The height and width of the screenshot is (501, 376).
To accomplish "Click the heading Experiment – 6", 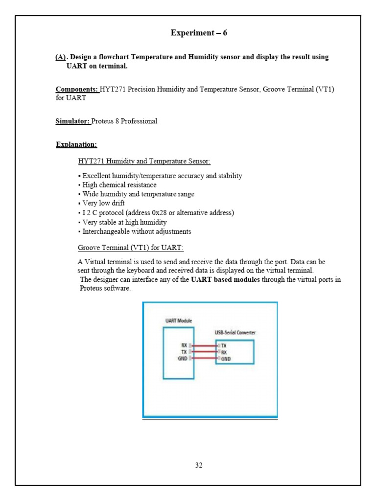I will coord(199,33).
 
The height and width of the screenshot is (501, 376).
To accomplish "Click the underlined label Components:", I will coord(77,90).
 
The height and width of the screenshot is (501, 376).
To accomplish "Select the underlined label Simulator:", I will coord(73,121).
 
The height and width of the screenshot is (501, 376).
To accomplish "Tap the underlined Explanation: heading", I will coord(76,144).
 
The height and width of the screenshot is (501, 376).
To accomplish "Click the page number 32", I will coord(199,465).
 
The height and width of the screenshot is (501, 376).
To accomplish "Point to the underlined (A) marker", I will coord(61,57).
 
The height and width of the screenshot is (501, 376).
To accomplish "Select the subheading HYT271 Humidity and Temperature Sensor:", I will coord(144,161).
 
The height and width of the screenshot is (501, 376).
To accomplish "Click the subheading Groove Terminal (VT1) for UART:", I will coord(131,247).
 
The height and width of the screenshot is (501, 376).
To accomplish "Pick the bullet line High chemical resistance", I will coord(119,185).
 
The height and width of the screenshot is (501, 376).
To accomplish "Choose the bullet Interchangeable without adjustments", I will coord(136,231).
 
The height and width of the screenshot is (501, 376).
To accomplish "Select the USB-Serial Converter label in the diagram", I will coord(235,333).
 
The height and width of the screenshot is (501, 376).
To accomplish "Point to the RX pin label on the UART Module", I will coord(184,345).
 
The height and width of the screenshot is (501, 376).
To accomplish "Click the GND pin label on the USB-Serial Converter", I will coord(226,359).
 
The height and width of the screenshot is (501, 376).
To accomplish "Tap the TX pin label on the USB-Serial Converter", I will coord(224,345).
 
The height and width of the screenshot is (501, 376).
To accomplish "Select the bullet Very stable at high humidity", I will coord(124,222).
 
